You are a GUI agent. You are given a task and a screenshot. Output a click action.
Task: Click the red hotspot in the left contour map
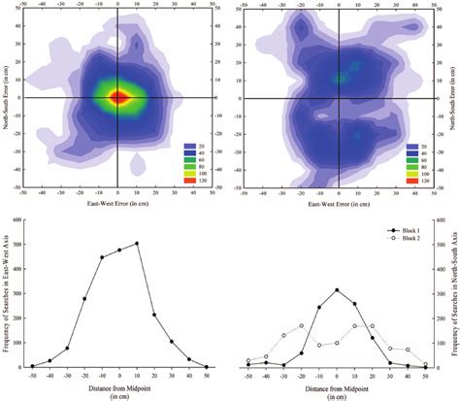coord(117,97)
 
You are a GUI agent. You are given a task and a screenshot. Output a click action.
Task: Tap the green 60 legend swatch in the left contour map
coord(190,159)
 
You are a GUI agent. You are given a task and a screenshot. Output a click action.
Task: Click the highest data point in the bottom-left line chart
coord(137,244)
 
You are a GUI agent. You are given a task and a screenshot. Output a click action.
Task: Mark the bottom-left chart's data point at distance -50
coord(32,366)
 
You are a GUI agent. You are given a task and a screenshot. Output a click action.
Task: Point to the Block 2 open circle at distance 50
coord(425,365)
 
